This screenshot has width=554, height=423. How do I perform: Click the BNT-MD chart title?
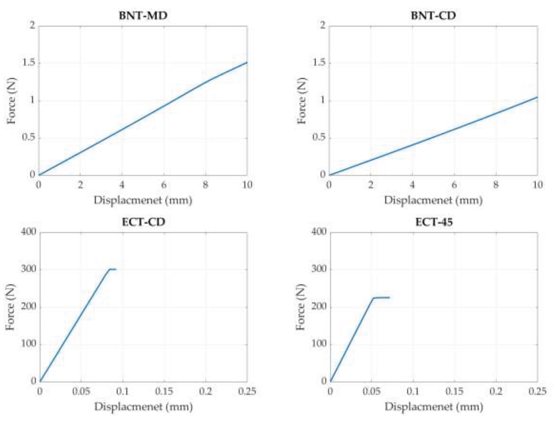click(x=143, y=16)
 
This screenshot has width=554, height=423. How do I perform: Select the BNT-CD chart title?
click(x=433, y=16)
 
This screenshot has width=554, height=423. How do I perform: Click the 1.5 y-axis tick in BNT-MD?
click(x=29, y=63)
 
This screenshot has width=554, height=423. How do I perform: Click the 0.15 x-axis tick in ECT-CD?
click(x=164, y=391)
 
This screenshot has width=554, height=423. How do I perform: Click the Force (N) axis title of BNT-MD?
click(x=11, y=101)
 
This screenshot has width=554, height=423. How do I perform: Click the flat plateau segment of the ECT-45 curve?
click(x=382, y=298)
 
